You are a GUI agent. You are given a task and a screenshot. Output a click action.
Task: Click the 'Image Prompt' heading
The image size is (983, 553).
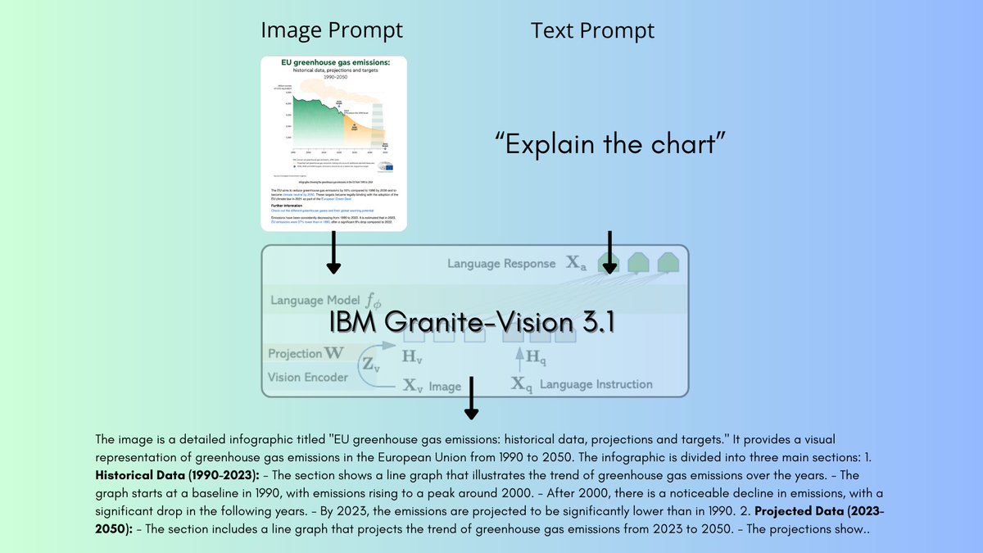(x=332, y=30)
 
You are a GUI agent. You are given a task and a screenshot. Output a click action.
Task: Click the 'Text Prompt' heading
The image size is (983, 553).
(x=593, y=30)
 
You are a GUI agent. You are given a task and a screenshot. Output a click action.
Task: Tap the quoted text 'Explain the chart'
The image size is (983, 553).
(x=612, y=143)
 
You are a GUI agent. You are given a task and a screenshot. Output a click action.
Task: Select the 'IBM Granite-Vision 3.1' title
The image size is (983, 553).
(x=473, y=321)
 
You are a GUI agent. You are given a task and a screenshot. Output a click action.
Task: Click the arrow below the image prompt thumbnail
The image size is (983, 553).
(x=333, y=252)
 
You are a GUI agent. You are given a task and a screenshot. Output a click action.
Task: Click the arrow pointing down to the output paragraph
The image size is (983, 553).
(x=473, y=399)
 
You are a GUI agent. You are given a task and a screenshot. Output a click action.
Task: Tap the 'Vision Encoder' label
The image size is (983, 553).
(x=308, y=378)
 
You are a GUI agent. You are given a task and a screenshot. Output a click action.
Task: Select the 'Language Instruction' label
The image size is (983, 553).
(x=596, y=384)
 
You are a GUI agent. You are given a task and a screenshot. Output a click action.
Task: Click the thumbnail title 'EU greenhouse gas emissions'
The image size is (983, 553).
(x=333, y=62)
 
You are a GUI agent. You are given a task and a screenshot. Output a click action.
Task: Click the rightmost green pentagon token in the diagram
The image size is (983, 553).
(x=668, y=262)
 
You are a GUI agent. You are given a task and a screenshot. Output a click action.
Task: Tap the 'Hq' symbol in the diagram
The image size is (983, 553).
(x=534, y=356)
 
